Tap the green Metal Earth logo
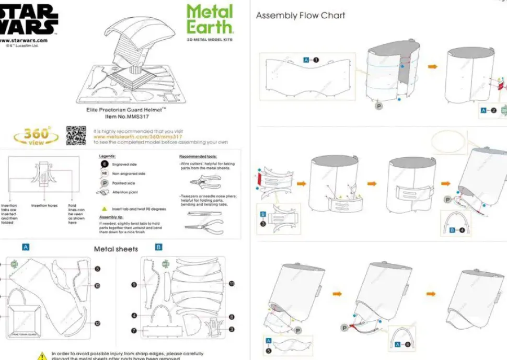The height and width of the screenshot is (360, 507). (209, 19)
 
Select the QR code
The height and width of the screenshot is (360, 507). (76, 135)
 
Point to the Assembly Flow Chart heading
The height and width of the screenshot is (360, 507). (301, 16)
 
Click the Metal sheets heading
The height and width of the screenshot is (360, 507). (116, 249)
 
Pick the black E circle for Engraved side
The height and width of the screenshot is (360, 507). (105, 165)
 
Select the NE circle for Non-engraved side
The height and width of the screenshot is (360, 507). (105, 173)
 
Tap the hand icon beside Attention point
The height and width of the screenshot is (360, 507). (103, 193)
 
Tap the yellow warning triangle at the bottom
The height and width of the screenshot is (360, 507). (42, 356)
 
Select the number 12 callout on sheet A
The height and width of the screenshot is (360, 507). (97, 323)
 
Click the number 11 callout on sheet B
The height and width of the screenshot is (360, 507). (232, 284)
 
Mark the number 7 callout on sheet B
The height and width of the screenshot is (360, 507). (134, 331)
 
